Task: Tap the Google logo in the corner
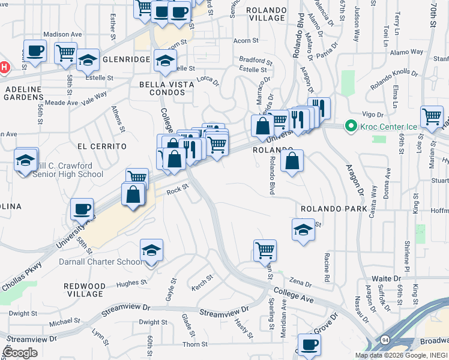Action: tap(20, 353)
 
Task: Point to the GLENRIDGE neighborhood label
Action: tap(125, 60)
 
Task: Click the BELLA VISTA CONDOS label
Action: tap(166, 89)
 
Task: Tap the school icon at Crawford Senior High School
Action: tap(26, 160)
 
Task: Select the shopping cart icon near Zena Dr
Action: tap(265, 250)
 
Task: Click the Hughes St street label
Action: tap(131, 282)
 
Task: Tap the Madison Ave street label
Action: tap(61, 35)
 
